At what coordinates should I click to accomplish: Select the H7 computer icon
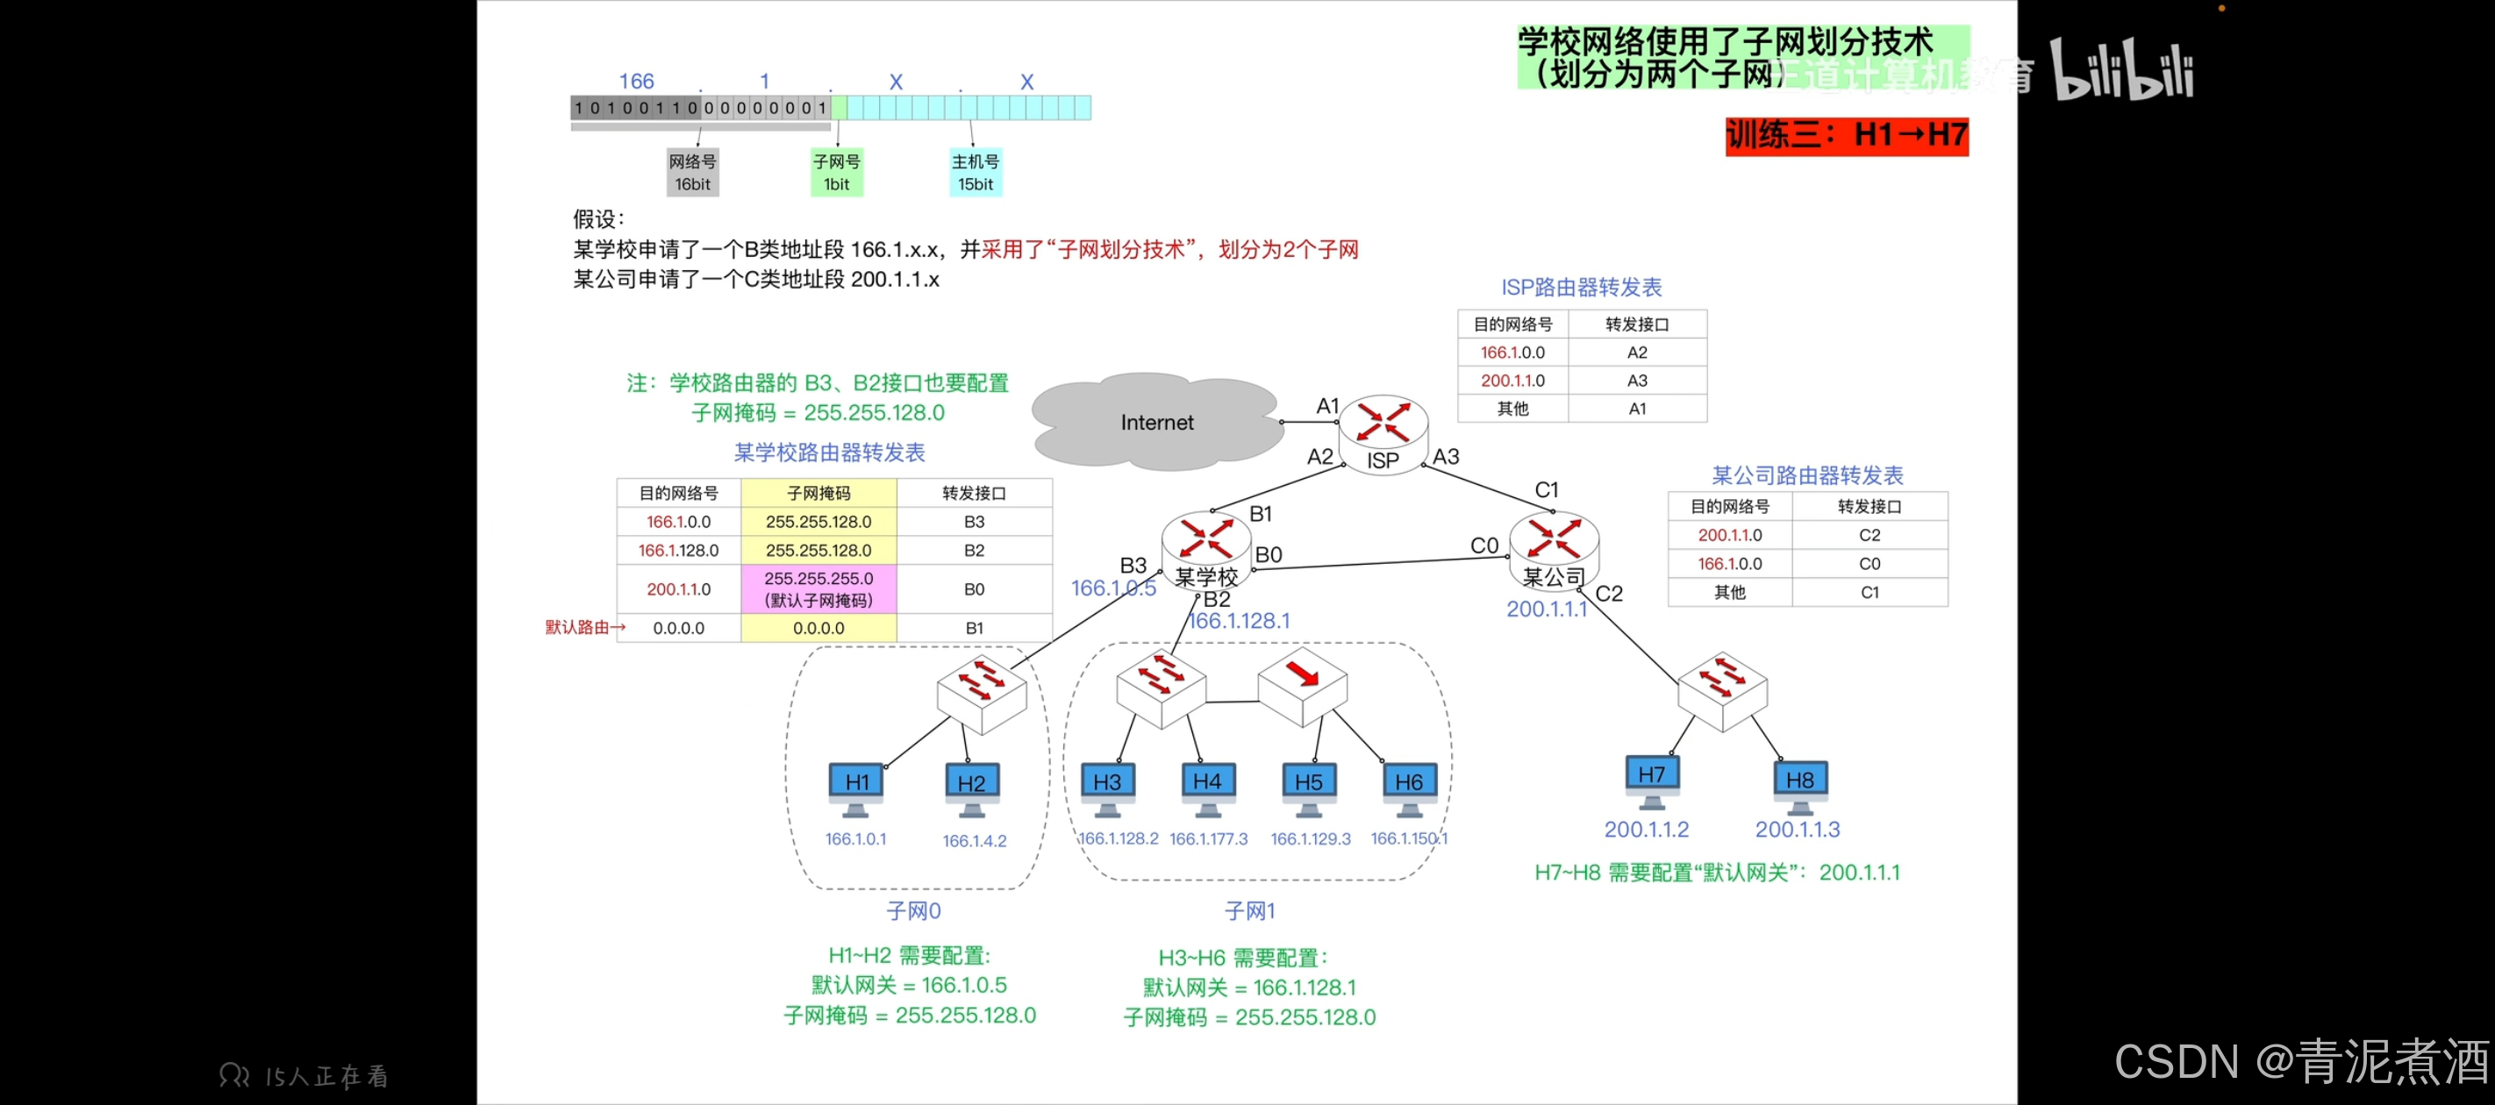point(1651,778)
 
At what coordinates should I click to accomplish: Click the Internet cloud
point(1156,424)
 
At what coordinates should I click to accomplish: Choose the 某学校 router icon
point(1206,542)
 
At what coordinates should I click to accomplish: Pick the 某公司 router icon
point(1554,542)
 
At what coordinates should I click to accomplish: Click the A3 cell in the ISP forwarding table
point(1637,381)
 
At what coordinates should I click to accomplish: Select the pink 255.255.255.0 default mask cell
point(819,588)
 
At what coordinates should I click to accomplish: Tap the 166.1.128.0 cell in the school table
point(678,550)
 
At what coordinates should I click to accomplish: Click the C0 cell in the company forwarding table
point(1869,564)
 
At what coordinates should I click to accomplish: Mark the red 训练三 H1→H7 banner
point(1846,134)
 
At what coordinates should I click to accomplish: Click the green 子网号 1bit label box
point(837,173)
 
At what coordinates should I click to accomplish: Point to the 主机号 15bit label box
point(976,173)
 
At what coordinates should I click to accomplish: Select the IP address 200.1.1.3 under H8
point(1797,830)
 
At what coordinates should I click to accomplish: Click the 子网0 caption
point(913,911)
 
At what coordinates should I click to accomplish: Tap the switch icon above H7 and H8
point(1722,688)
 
